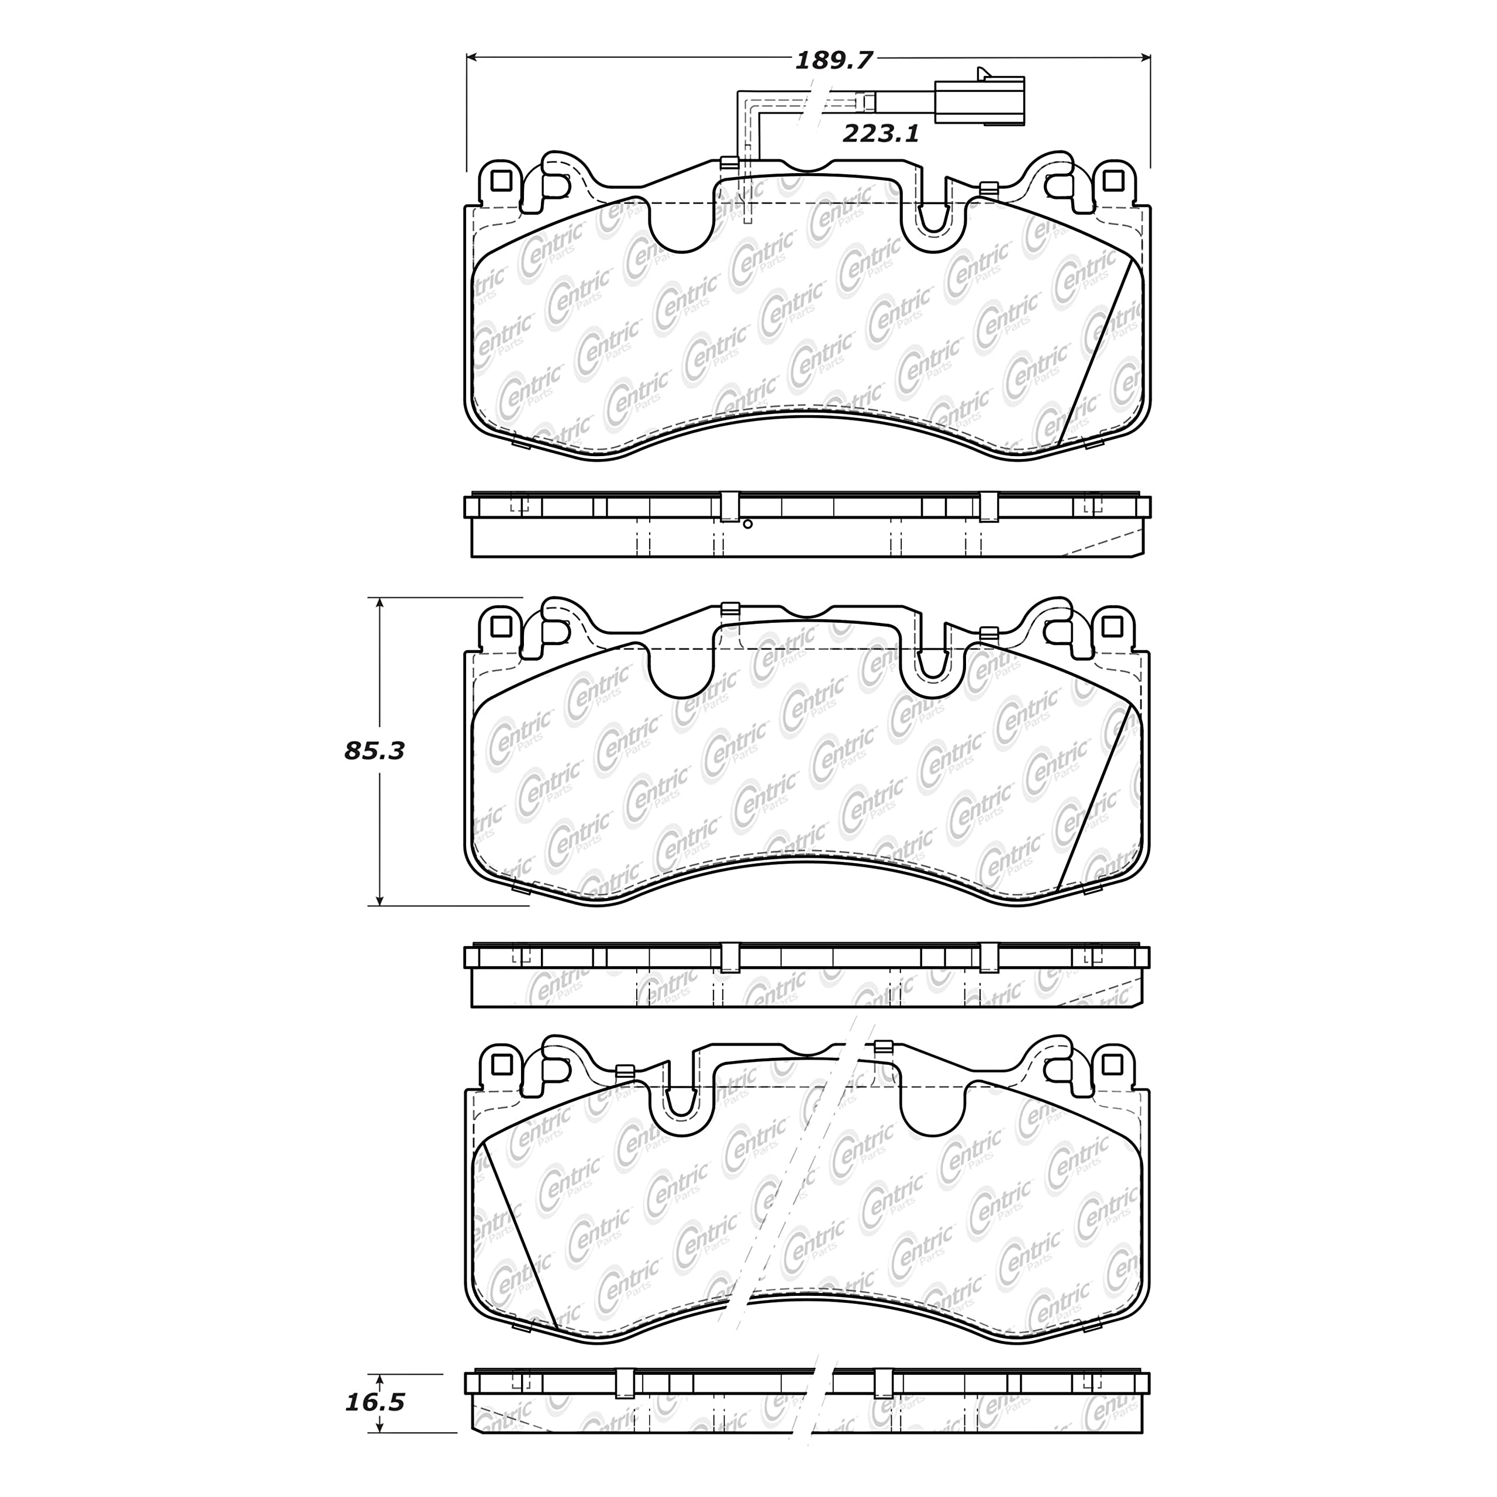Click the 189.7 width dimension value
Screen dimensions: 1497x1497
(834, 60)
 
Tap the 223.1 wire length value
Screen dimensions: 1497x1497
(881, 134)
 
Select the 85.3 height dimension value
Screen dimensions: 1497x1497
(375, 751)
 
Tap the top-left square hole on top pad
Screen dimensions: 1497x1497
(501, 181)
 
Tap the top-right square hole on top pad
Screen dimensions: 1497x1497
(1113, 181)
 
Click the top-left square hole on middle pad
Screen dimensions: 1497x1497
(501, 625)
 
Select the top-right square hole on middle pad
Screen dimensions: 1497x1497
(1113, 625)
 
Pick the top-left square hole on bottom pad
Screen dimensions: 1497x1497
(501, 1065)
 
